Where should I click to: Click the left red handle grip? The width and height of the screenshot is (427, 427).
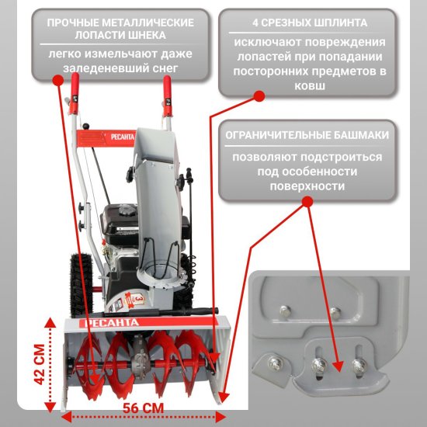[x=75, y=92]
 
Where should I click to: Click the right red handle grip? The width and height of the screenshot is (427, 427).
[x=167, y=95]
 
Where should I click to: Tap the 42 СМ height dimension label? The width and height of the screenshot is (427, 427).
[x=40, y=365]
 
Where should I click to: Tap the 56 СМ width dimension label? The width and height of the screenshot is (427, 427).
[x=144, y=408]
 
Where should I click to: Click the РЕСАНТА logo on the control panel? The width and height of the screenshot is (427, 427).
[x=123, y=137]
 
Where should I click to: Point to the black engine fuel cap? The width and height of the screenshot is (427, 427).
[x=127, y=210]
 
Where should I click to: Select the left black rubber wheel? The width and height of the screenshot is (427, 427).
[x=81, y=285]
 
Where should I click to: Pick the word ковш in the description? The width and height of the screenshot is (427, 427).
[x=310, y=86]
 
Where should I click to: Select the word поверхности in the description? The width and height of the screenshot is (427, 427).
[x=307, y=186]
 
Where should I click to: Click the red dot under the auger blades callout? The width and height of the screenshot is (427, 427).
[x=58, y=80]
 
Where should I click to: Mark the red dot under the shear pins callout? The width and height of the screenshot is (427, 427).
[x=259, y=96]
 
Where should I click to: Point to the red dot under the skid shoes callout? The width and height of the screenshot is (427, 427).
[x=307, y=202]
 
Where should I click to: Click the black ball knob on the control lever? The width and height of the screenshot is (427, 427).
[x=85, y=126]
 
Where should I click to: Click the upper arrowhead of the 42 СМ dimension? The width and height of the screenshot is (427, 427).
[x=50, y=323]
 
